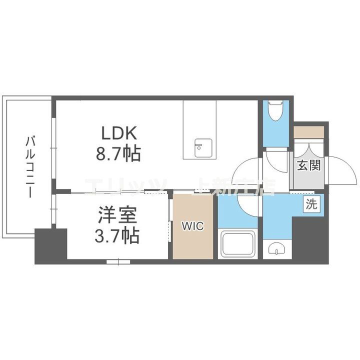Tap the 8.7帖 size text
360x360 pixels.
pos(118,153)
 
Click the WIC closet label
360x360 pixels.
pos(192,226)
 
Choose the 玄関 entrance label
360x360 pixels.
pos(308,166)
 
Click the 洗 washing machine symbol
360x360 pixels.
pos(311,204)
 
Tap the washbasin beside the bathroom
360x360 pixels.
pos(276,248)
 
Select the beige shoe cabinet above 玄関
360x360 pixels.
pos(308,132)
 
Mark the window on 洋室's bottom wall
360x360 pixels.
pos(118,261)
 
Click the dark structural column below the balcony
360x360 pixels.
pos(50,245)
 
